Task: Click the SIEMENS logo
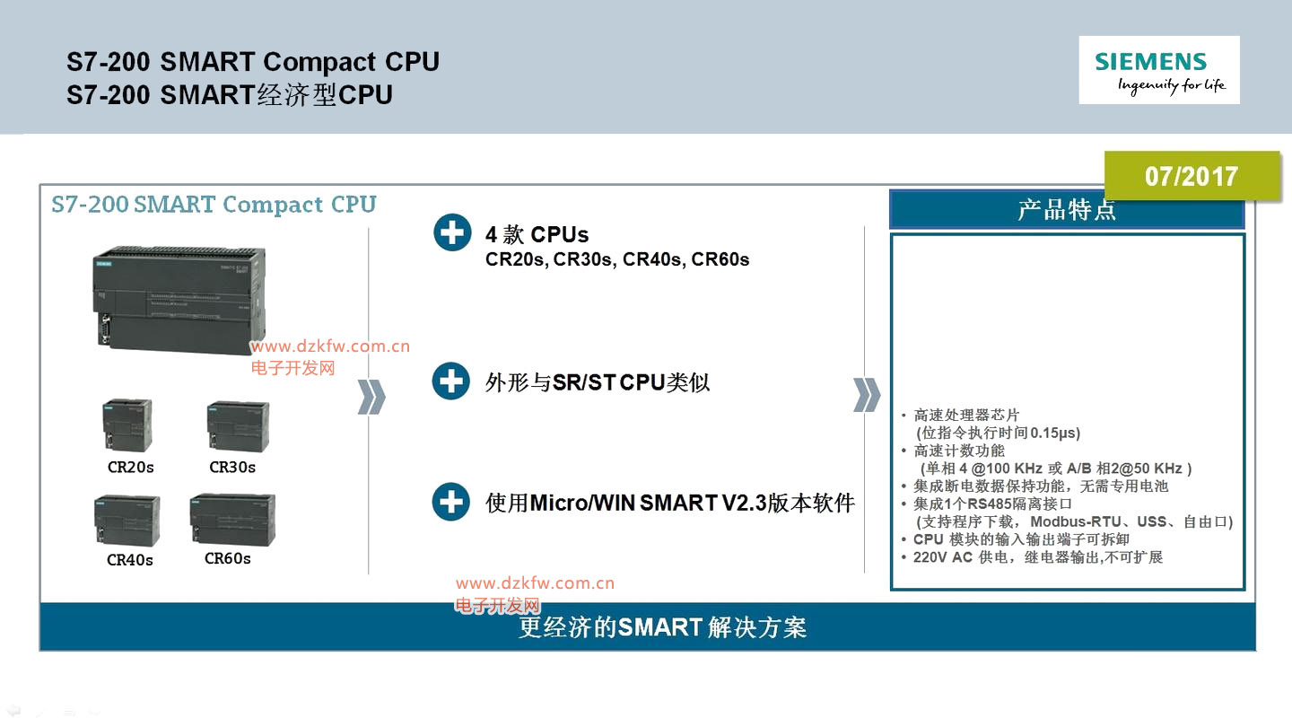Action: coord(1158,70)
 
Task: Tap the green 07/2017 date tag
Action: coord(1191,176)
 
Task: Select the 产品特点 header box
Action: coord(1067,209)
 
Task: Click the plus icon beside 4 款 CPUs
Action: coord(451,232)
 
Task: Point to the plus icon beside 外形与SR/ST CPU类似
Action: coord(451,381)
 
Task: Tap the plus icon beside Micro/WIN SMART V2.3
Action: coord(451,502)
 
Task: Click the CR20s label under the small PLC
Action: coord(131,468)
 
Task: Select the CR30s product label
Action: coord(232,468)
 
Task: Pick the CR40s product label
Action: coord(130,560)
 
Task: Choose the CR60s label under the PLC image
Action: coord(228,558)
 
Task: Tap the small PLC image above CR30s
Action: coord(237,426)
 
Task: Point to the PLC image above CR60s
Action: coord(232,520)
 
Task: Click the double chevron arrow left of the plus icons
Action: coord(371,397)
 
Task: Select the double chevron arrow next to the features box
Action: coord(866,395)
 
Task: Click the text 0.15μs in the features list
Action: coord(1055,433)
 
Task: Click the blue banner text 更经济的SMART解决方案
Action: coord(663,627)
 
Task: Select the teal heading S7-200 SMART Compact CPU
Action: coord(214,205)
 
